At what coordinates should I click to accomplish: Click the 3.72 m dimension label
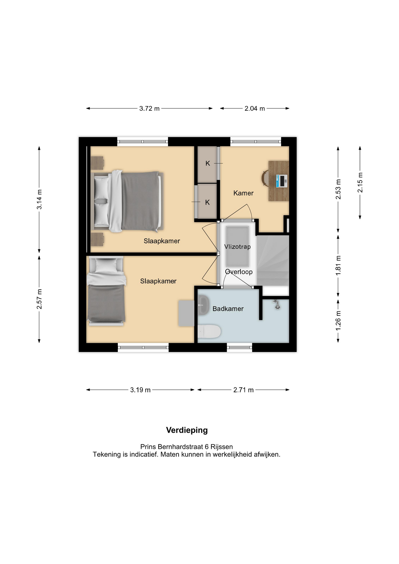pos(149,108)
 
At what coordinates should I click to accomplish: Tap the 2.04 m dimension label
pos(255,108)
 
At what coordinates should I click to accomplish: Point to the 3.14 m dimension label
pos(39,199)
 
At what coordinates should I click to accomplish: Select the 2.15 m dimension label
pos(360,182)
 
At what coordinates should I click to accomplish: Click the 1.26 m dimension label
pos(338,320)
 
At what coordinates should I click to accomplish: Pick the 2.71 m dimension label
pos(243,390)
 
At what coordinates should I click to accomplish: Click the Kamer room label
pos(243,193)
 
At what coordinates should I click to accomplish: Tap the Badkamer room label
pos(228,309)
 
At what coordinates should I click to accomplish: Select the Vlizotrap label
pos(237,246)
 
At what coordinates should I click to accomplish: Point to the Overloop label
pos(239,272)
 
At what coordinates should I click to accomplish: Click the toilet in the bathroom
pos(209,332)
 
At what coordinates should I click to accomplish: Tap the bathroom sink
pos(203,305)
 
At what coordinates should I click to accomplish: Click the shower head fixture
pos(276,304)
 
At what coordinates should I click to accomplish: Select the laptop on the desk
pos(281,181)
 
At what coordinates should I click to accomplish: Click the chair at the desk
pos(265,178)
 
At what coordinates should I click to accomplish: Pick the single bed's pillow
pos(106,266)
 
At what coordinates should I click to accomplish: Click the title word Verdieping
pos(187,430)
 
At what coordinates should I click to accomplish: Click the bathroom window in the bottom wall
pos(239,348)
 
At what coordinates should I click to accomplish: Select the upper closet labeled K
pos(207,164)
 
